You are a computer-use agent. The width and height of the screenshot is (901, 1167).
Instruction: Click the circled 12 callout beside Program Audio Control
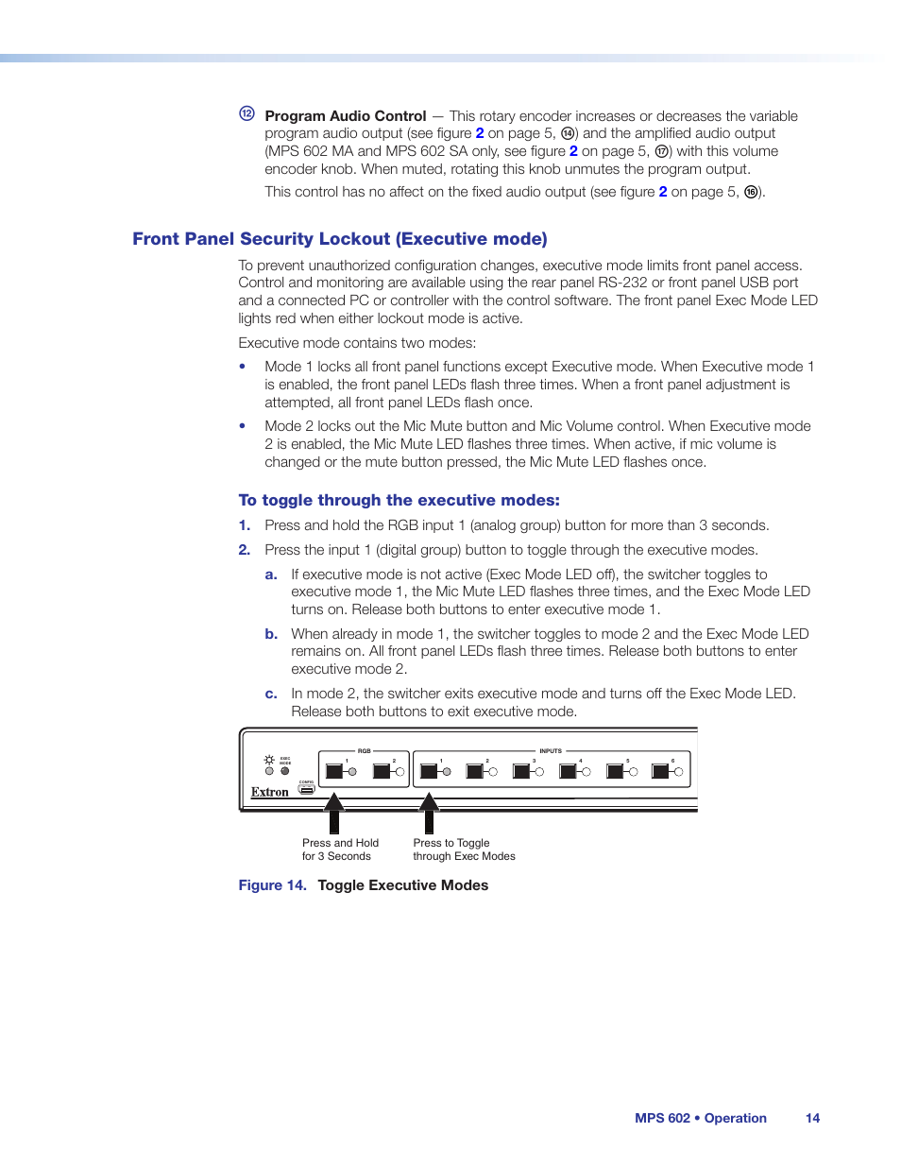[246, 114]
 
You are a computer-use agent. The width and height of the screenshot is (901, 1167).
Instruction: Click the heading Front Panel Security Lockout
[339, 239]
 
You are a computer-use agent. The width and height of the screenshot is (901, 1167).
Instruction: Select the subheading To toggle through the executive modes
[399, 501]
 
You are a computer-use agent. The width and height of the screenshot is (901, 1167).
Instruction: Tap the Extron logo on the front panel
[270, 793]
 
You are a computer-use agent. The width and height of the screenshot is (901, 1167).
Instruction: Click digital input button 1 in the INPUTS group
[429, 771]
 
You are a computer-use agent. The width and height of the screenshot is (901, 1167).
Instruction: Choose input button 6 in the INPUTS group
[660, 771]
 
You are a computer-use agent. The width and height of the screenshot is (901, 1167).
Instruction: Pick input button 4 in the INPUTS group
[568, 771]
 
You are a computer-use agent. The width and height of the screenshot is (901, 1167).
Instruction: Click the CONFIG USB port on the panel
[307, 789]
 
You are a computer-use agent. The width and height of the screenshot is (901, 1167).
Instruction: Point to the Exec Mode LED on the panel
[284, 771]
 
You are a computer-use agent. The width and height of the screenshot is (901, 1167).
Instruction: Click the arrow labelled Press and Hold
[334, 814]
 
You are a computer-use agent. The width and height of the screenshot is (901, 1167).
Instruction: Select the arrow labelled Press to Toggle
[429, 814]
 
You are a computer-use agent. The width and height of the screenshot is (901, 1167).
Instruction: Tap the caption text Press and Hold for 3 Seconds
[340, 850]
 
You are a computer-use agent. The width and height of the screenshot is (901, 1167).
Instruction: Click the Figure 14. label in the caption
[272, 885]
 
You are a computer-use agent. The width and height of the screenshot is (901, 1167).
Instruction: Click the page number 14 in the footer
[812, 1118]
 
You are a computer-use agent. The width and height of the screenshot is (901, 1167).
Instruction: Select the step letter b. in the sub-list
[271, 634]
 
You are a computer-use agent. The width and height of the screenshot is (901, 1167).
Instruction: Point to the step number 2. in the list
[245, 550]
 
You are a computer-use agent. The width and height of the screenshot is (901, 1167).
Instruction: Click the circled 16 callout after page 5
[751, 192]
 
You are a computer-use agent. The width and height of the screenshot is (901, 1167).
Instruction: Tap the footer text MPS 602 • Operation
[700, 1118]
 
